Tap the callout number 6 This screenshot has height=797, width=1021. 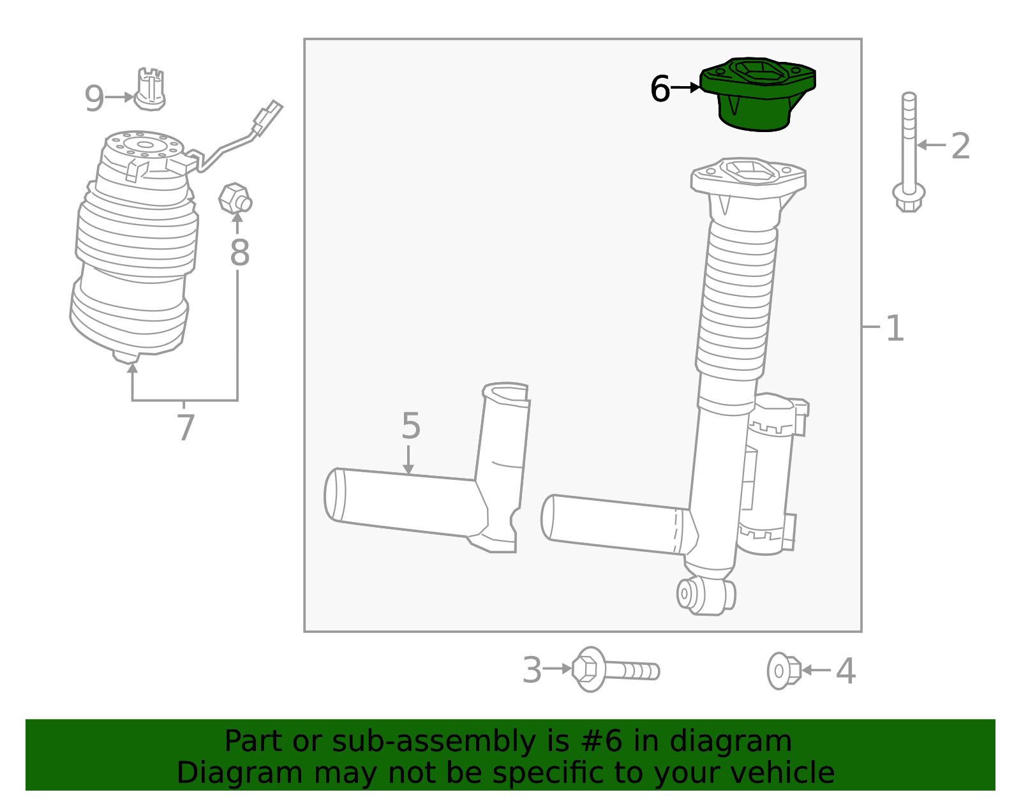tap(660, 89)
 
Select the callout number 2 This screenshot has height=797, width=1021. tap(960, 146)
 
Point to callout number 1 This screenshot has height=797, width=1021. tap(895, 328)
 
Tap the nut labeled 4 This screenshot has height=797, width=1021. tap(784, 671)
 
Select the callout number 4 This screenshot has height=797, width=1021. tap(846, 671)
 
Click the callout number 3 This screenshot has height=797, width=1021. tap(532, 671)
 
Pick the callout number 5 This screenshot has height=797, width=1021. tap(411, 426)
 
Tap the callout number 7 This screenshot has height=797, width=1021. tap(185, 428)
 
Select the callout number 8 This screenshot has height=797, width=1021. tap(239, 253)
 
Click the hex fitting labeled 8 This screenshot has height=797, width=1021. tap(235, 199)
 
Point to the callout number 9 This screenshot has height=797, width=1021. tap(94, 99)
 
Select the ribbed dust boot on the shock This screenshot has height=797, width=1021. tap(737, 300)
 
